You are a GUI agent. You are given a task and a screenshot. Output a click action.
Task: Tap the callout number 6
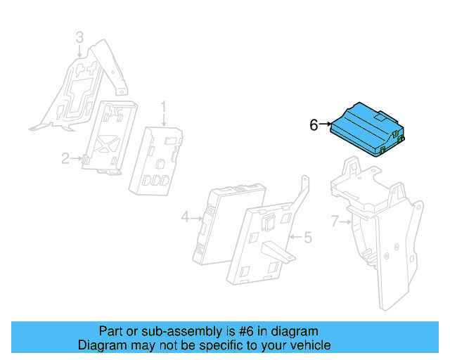click(x=314, y=125)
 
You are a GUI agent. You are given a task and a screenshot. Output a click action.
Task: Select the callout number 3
click(x=79, y=37)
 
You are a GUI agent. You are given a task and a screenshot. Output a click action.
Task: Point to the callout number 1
click(x=163, y=107)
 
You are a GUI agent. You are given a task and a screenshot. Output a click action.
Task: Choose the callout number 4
click(x=186, y=218)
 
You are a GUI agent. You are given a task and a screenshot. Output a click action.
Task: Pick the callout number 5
click(x=307, y=238)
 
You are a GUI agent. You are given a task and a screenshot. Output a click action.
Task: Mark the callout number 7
click(x=335, y=221)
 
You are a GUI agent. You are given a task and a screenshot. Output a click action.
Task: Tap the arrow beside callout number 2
click(x=77, y=159)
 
